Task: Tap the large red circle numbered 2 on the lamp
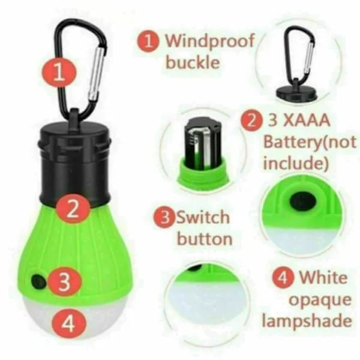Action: click(73, 209)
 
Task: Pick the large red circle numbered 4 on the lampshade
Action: click(68, 323)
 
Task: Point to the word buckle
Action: click(193, 62)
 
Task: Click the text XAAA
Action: click(307, 121)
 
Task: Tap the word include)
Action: click(296, 163)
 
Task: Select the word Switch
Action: click(203, 217)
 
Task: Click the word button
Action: click(205, 239)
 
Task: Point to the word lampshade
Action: click(307, 321)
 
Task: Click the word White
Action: click(323, 278)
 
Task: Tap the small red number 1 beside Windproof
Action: click(148, 41)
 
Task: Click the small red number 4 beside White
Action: click(283, 278)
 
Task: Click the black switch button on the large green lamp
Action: click(38, 281)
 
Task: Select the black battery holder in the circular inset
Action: click(203, 145)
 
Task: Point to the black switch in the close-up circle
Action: click(303, 201)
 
